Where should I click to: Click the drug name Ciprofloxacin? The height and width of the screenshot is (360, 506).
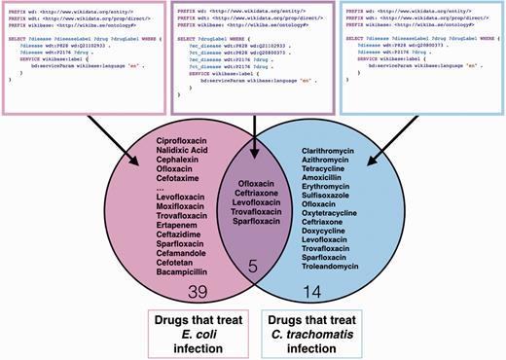pos(176,143)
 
